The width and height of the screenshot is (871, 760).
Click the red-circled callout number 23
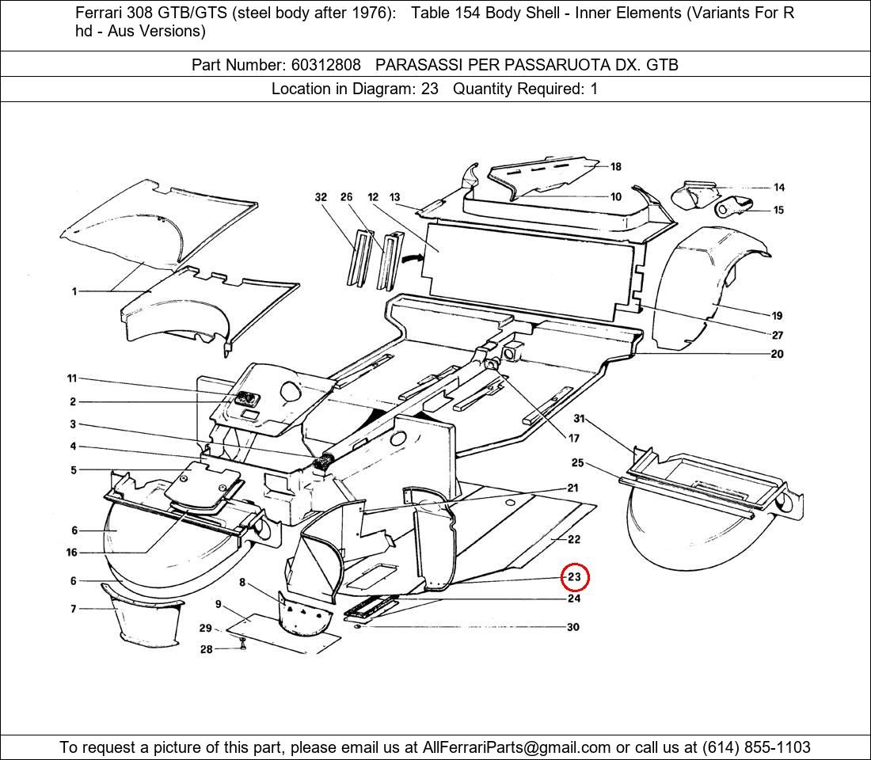coord(575,577)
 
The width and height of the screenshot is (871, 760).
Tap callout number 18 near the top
coord(615,167)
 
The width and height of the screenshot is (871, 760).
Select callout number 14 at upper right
coord(779,188)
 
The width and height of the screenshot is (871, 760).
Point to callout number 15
coord(779,210)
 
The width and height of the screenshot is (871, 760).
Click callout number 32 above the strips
coord(321,197)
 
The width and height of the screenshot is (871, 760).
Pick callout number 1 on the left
coord(74,291)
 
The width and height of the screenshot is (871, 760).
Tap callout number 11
coord(72,379)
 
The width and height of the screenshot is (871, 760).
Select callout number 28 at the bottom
coord(206,649)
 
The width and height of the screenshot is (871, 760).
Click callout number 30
coord(572,627)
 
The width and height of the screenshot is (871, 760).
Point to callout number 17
coord(573,438)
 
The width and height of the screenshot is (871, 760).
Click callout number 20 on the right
coord(777,354)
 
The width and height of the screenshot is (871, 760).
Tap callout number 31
coord(579,419)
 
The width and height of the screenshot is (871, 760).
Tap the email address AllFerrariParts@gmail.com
coord(517,747)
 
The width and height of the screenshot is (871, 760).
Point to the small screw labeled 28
coord(243,647)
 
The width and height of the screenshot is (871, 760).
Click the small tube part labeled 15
coord(733,209)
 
